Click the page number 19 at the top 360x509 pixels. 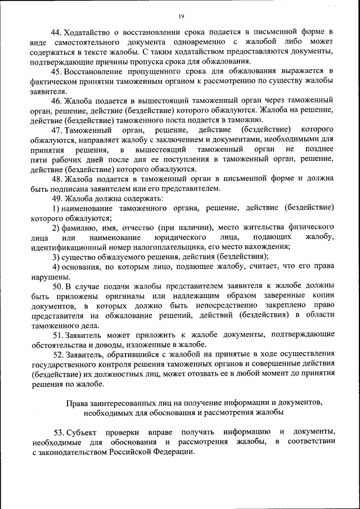pos(181,16)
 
